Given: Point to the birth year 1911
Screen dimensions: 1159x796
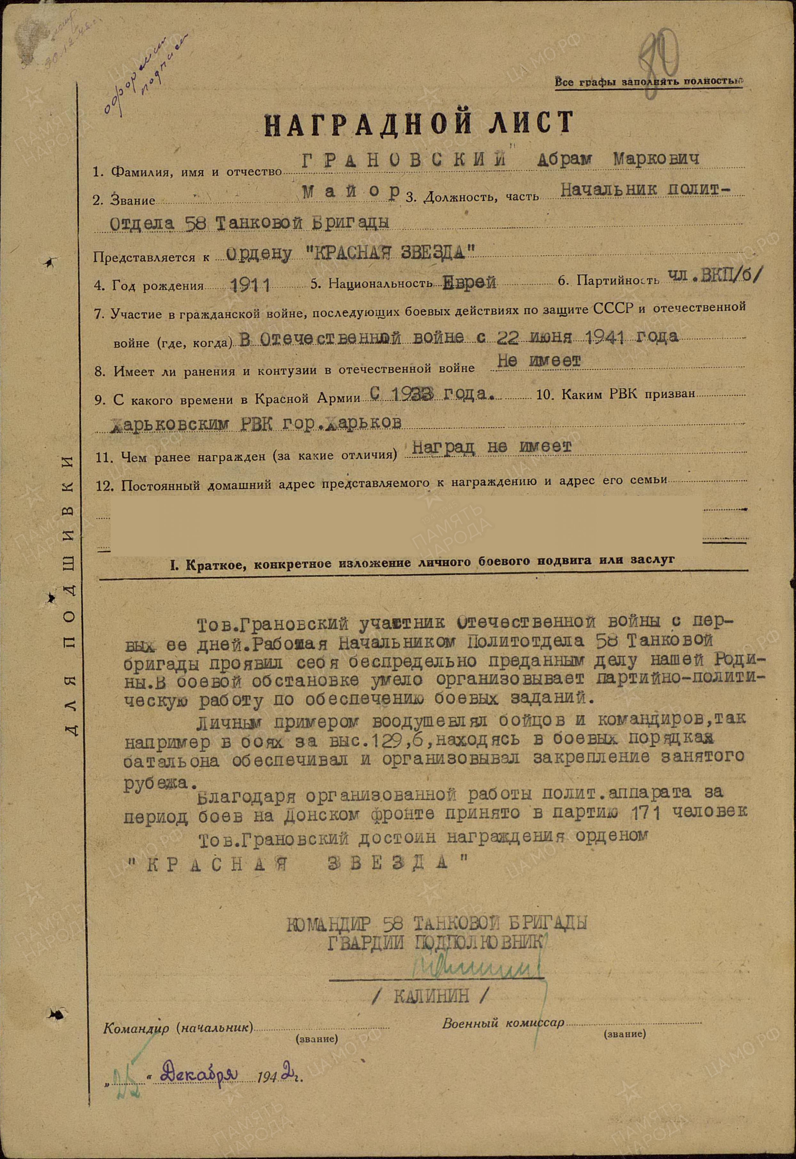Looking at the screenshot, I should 251,285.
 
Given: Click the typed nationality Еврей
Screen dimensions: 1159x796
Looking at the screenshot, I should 469,283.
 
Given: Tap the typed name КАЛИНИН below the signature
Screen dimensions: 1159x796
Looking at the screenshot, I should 431,996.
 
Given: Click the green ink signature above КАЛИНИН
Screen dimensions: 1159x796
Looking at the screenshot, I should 478,966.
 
